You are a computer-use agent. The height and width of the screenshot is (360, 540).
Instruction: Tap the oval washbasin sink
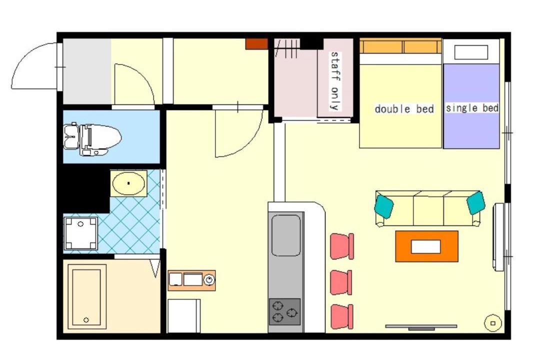[x=128, y=183]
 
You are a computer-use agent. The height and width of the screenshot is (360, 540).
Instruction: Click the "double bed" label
[x=404, y=109]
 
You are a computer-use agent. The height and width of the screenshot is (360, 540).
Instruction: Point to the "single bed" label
[x=472, y=108]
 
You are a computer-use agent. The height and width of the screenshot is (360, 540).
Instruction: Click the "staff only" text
[x=334, y=81]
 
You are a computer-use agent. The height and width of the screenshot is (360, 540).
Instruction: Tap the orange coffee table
[x=426, y=246]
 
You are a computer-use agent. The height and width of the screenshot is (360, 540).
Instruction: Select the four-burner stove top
[x=285, y=312]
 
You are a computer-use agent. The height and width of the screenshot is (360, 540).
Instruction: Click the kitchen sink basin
[x=286, y=235]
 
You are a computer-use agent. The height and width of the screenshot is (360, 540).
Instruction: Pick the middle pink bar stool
[x=341, y=282]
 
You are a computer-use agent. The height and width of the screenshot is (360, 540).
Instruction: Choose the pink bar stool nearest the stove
[x=342, y=316]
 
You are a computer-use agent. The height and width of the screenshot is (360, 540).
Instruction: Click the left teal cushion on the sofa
[x=384, y=206]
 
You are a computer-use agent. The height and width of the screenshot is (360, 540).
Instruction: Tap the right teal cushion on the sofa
[x=476, y=203]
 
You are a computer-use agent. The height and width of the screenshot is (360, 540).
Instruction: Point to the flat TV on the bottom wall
[x=421, y=326]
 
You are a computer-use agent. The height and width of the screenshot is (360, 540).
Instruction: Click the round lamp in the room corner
[x=493, y=323]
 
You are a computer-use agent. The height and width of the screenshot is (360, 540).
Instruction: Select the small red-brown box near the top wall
[x=256, y=44]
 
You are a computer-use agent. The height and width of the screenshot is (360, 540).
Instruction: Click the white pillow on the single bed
[x=471, y=52]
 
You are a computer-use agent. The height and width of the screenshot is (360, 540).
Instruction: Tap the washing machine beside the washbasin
[x=80, y=233]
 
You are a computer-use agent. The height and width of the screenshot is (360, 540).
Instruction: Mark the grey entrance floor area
[x=87, y=71]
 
